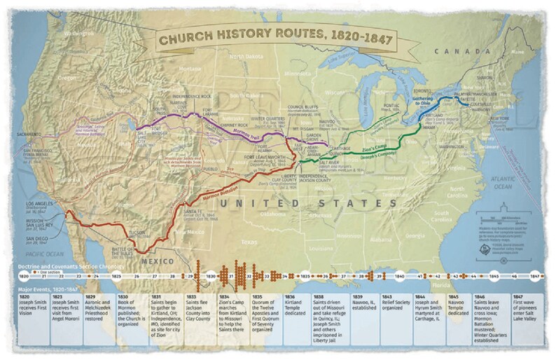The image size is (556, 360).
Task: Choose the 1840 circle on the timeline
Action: tap(398, 277)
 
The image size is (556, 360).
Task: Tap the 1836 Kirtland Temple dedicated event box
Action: tap(298, 315)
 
